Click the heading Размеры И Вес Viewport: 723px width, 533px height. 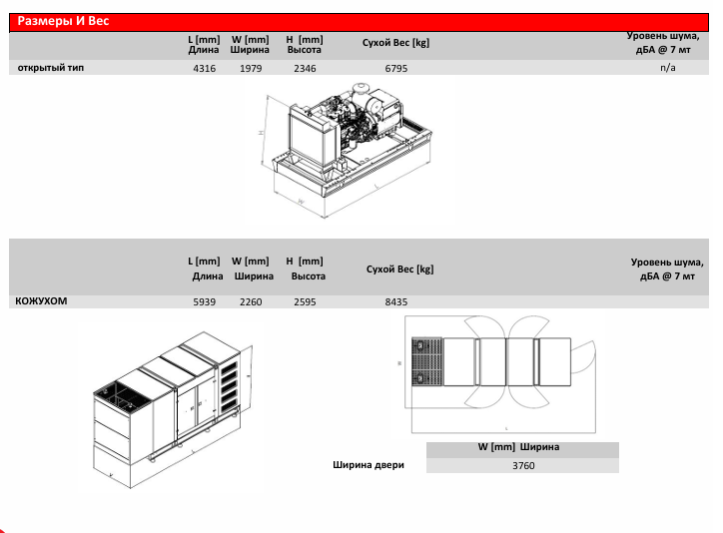pyautogui.click(x=63, y=21)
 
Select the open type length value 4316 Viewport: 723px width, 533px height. pyautogui.click(x=205, y=68)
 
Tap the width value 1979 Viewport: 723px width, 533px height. pyautogui.click(x=251, y=68)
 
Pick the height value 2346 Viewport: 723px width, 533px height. pyautogui.click(x=305, y=68)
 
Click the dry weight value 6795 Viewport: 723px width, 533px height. pyautogui.click(x=396, y=68)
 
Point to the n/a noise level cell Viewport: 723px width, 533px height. pyautogui.click(x=668, y=68)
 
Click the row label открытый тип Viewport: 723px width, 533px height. pyautogui.click(x=51, y=68)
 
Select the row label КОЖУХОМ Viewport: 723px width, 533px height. pyautogui.click(x=41, y=300)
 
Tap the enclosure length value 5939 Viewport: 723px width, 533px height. pyautogui.click(x=205, y=301)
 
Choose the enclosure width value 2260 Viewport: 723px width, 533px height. pyautogui.click(x=251, y=301)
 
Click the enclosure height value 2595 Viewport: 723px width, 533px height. pyautogui.click(x=305, y=301)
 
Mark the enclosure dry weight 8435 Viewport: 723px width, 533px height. pyautogui.click(x=396, y=301)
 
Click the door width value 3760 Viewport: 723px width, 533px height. pyautogui.click(x=523, y=466)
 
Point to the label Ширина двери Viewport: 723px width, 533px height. pyautogui.click(x=368, y=465)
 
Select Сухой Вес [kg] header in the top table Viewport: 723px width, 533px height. pyautogui.click(x=395, y=43)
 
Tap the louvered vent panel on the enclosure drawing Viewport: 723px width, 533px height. pyautogui.click(x=229, y=387)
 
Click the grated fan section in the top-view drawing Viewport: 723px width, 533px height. pyautogui.click(x=427, y=361)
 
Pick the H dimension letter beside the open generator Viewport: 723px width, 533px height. pyautogui.click(x=261, y=132)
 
